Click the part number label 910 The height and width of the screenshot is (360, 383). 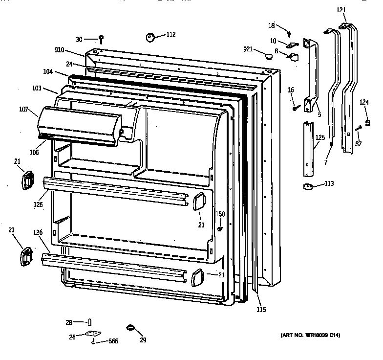click(x=60, y=50)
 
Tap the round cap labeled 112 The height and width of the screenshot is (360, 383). click(x=149, y=36)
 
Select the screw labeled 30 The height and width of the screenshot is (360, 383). click(x=101, y=38)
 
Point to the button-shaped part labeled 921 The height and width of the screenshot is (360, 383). click(x=269, y=56)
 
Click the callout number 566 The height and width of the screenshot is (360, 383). click(x=113, y=342)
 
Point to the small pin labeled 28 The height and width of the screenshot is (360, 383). click(x=90, y=322)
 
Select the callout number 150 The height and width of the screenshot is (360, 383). click(x=220, y=214)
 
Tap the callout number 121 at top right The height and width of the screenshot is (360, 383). click(x=341, y=10)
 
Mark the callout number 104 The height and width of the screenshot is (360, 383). click(x=48, y=71)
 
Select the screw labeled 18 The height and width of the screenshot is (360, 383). click(x=289, y=33)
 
